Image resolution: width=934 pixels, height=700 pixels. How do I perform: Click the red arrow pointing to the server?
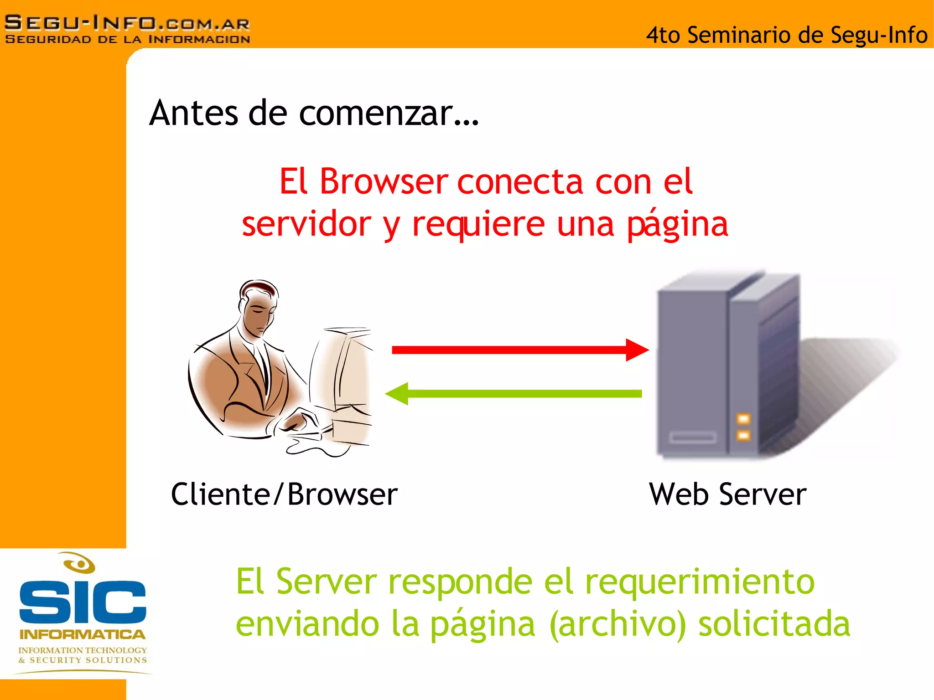click(x=520, y=350)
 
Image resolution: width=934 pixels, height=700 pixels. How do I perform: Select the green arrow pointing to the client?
click(x=513, y=394)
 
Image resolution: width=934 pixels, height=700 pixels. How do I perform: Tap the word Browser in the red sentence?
click(x=384, y=182)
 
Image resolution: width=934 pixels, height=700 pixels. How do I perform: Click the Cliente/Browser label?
click(x=284, y=494)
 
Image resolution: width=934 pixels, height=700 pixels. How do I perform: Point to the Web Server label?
click(x=727, y=494)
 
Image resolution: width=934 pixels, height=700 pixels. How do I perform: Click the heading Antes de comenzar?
click(x=314, y=113)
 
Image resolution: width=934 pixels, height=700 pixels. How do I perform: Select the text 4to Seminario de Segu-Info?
click(x=786, y=35)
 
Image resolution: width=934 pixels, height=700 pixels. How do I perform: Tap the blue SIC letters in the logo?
click(x=83, y=602)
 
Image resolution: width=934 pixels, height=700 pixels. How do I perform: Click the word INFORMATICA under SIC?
click(x=83, y=634)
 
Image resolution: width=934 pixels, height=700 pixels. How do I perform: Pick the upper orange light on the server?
click(x=743, y=418)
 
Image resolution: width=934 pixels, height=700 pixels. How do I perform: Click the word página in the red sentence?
click(x=677, y=225)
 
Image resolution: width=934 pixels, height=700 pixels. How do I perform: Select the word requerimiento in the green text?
click(x=700, y=582)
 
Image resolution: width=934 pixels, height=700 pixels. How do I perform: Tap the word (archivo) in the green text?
click(x=618, y=624)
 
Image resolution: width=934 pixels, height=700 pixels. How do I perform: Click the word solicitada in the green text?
click(x=774, y=624)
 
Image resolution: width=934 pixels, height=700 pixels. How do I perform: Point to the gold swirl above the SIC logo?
click(x=79, y=563)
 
